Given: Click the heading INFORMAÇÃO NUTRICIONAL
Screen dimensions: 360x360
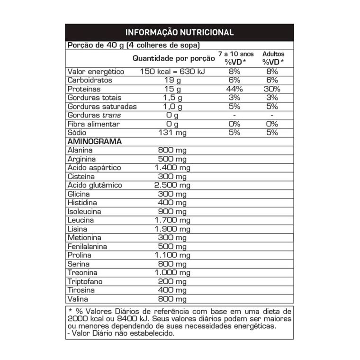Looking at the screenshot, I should pos(179,33).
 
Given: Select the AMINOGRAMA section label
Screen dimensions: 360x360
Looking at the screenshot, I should pos(95,142).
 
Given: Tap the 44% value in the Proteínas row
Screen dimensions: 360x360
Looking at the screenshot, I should pos(235,89).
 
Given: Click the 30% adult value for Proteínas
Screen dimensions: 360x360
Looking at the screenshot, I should pos(271,89).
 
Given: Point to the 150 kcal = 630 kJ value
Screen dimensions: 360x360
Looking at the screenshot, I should pos(172,72).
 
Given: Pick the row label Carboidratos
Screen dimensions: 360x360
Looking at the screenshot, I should pos(90,81).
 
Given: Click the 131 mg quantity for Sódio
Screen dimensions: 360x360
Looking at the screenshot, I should pos(172,133).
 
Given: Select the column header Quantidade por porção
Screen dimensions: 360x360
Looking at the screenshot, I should pos(173,59).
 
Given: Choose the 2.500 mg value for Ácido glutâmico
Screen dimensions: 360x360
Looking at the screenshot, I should pos(172,185).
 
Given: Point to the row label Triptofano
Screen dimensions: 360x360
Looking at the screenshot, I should pos(85,282).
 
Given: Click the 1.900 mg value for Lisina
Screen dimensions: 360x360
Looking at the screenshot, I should pos(172,229).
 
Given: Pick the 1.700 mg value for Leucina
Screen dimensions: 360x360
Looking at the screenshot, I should pos(172,220).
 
